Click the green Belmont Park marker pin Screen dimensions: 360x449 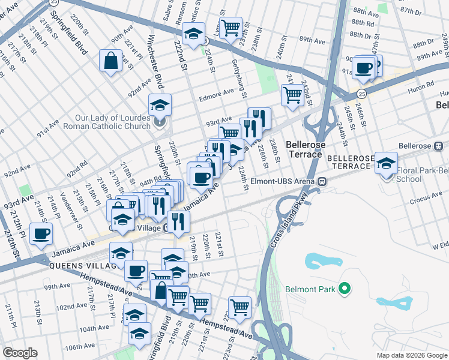click(x=344, y=290)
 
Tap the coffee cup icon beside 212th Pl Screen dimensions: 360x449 click(x=41, y=234)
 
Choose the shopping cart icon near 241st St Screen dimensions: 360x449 click(x=292, y=95)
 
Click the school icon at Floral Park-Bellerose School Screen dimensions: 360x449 click(x=387, y=162)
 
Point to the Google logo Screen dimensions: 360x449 click(x=20, y=353)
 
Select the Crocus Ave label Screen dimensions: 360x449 click(x=415, y=187)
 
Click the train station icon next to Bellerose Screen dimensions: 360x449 click(x=438, y=145)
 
